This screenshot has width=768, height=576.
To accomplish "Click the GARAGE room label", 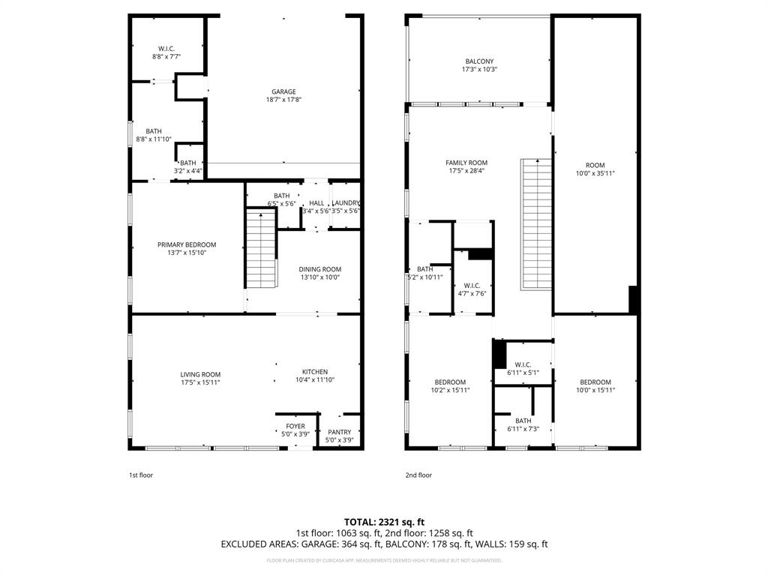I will (283, 91).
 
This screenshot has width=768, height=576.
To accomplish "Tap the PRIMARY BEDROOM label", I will (187, 244).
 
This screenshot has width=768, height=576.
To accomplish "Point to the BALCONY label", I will (479, 61).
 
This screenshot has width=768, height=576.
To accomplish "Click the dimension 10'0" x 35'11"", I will (595, 173).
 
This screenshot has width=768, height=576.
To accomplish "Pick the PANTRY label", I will (339, 432).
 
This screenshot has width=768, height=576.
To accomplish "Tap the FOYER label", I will (295, 426).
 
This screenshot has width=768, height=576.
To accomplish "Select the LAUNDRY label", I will (346, 203).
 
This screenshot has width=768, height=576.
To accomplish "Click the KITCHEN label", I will (315, 372).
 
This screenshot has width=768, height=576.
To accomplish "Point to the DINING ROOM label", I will (319, 269).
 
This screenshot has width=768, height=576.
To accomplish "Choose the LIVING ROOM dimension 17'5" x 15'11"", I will (200, 382).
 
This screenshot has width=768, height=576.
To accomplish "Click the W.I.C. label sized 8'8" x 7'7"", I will (166, 49).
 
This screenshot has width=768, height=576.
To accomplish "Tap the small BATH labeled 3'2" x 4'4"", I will (187, 163).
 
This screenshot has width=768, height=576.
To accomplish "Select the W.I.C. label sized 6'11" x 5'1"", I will (523, 364).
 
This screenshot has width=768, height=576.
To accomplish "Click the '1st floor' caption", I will (140, 475).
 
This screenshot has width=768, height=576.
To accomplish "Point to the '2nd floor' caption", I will (418, 475).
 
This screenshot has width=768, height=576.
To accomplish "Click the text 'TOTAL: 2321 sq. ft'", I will (384, 521).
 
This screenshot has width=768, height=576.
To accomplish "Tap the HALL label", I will (316, 203).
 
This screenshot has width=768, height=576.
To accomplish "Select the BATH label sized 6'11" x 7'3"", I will (523, 421).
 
